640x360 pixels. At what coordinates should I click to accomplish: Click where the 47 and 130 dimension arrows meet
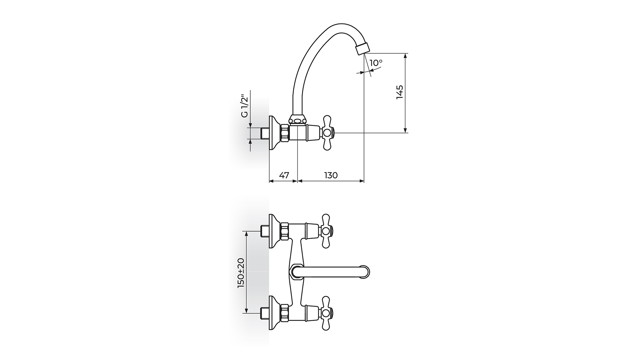(x=297, y=181)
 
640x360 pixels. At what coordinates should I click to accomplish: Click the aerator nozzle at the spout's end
(x=362, y=48)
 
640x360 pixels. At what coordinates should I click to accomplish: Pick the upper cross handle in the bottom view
(x=327, y=231)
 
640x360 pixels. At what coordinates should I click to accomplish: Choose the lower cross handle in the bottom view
(x=327, y=313)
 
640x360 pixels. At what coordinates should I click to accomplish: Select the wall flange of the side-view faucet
(x=274, y=133)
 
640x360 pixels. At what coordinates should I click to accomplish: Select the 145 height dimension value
(x=400, y=92)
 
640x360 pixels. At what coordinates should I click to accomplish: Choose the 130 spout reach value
(x=331, y=175)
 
